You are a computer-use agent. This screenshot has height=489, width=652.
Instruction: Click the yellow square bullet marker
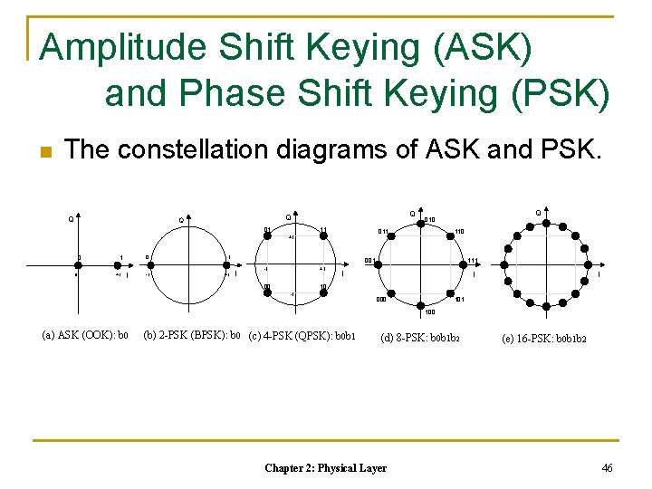coord(44,150)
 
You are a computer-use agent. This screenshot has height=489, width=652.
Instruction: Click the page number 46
coord(606,467)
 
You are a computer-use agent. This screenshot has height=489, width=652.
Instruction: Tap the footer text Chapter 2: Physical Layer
coord(325,468)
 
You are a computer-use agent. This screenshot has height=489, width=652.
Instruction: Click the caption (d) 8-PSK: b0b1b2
coord(420,338)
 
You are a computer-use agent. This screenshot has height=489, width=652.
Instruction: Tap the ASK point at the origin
coord(79,265)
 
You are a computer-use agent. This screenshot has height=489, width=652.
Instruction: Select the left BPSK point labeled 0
coord(150,264)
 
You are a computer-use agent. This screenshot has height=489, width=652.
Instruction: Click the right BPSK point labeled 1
coord(228,264)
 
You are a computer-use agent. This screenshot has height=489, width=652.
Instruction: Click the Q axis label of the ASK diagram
coord(71,217)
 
